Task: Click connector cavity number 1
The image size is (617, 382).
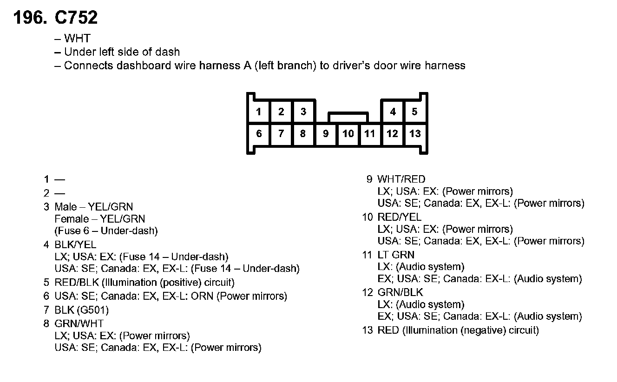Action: (x=259, y=112)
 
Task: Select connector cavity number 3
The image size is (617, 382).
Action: (x=303, y=112)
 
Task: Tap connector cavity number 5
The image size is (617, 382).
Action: (x=414, y=112)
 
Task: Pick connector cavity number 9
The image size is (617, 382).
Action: (x=326, y=134)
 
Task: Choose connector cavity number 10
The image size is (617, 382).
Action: (x=348, y=134)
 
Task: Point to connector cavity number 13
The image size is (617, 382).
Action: (x=414, y=134)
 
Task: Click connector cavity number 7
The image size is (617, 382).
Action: (x=281, y=134)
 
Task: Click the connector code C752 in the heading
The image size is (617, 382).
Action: (x=77, y=18)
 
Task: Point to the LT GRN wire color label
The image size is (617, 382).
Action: (x=396, y=255)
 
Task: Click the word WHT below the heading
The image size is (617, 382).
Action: (x=77, y=39)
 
